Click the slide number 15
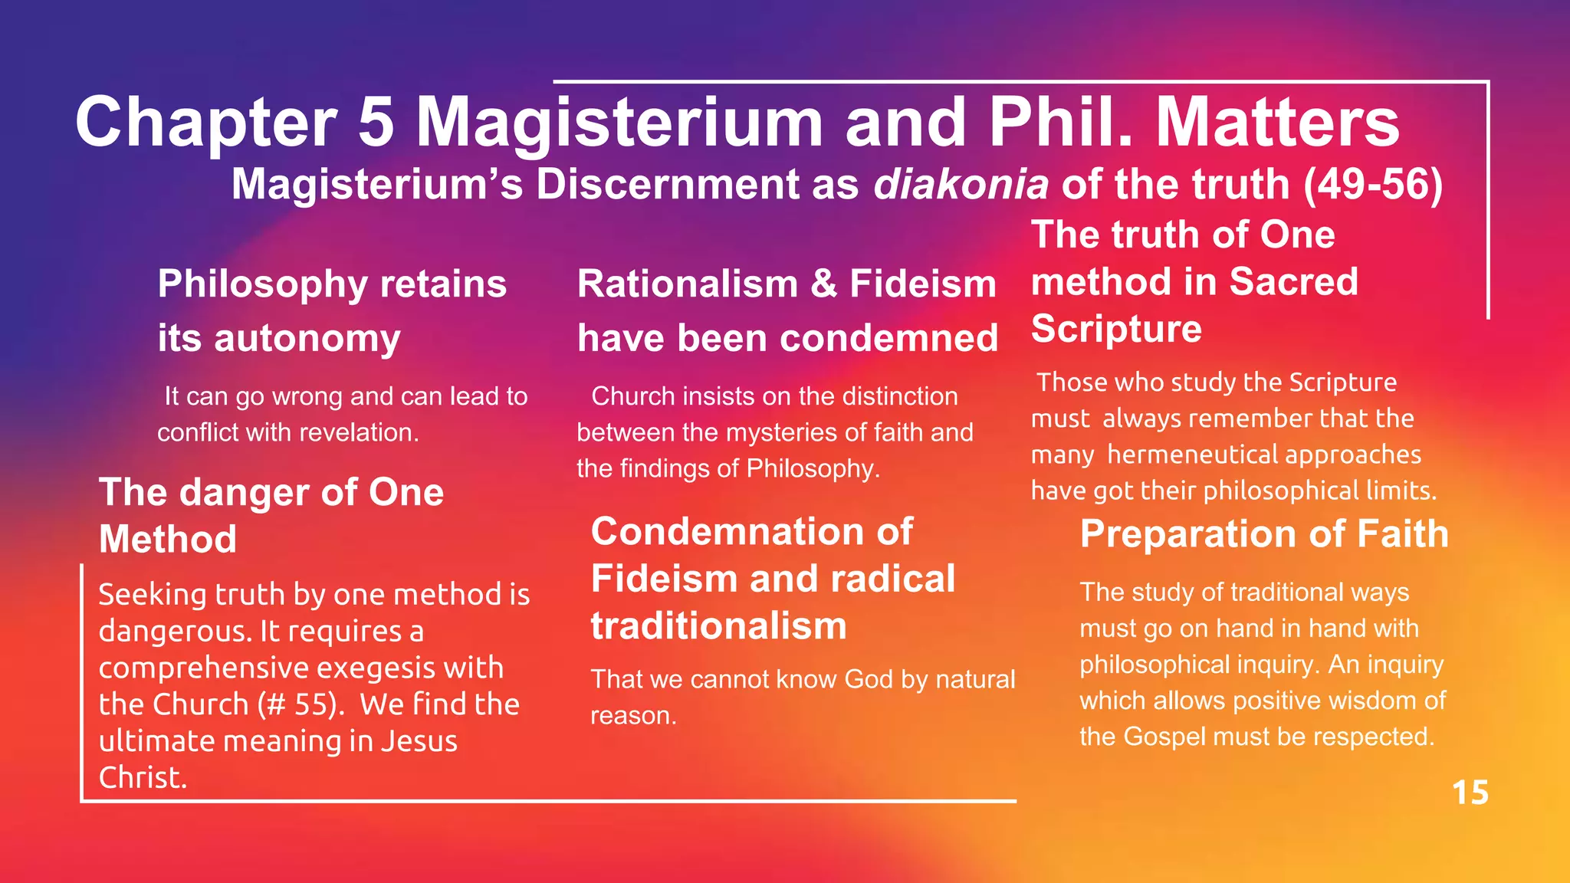(x=1470, y=793)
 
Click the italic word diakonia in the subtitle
(x=961, y=185)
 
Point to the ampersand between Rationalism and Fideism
(x=823, y=284)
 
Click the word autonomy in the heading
(x=307, y=338)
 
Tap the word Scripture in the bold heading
(x=1116, y=329)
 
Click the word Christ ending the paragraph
(x=142, y=777)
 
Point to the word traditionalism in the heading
(x=718, y=626)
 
